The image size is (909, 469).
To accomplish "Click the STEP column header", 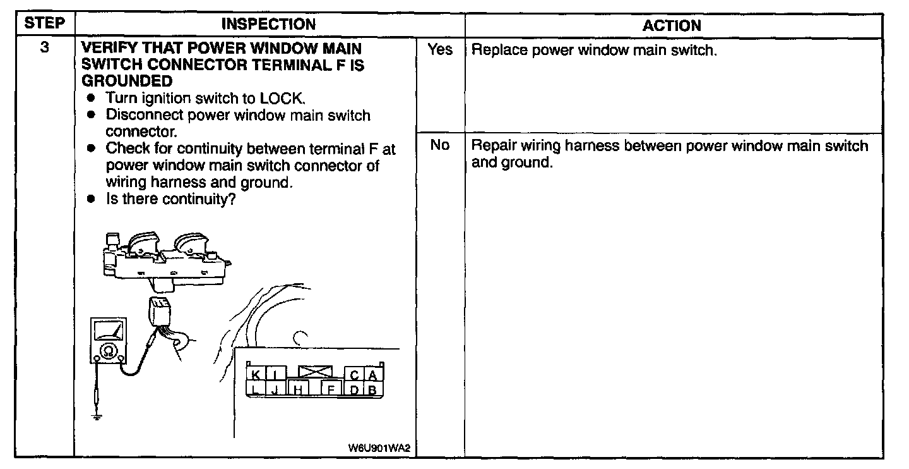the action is coord(44,24).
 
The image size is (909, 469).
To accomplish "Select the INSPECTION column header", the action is coord(269,25).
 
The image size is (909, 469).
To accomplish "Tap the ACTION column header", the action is coord(672,25).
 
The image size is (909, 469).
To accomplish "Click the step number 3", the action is coord(44,48).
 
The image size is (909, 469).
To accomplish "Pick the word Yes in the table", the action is coord(440,49).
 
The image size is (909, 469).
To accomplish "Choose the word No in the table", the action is coord(439,145).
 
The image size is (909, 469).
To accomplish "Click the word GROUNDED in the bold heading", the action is coord(127,81).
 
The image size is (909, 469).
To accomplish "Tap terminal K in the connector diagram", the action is coord(256,374).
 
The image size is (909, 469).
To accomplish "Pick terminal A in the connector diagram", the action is coord(374,374).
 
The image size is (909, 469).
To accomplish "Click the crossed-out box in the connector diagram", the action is coord(319,371).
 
